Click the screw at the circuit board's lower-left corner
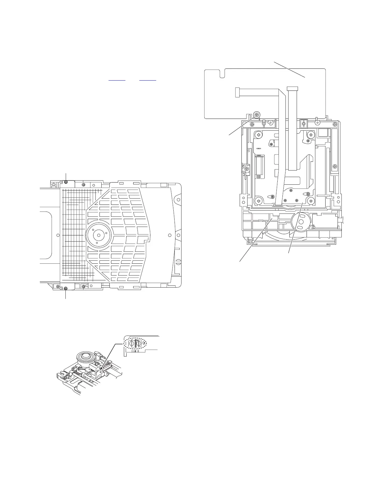coord(257,114)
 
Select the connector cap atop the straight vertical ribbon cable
coord(292,88)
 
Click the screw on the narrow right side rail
coord(335,166)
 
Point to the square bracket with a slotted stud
coord(304,123)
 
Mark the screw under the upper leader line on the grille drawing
coord(66,182)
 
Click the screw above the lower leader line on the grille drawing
coord(66,289)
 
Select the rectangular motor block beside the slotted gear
coord(325,221)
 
